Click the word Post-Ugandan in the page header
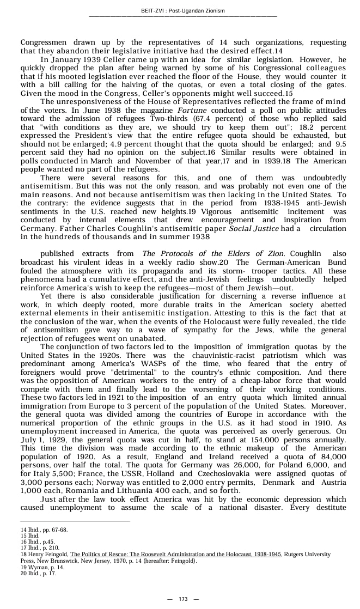[x=189, y=10]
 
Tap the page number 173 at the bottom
[x=183, y=599]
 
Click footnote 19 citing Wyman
[x=42, y=567]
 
